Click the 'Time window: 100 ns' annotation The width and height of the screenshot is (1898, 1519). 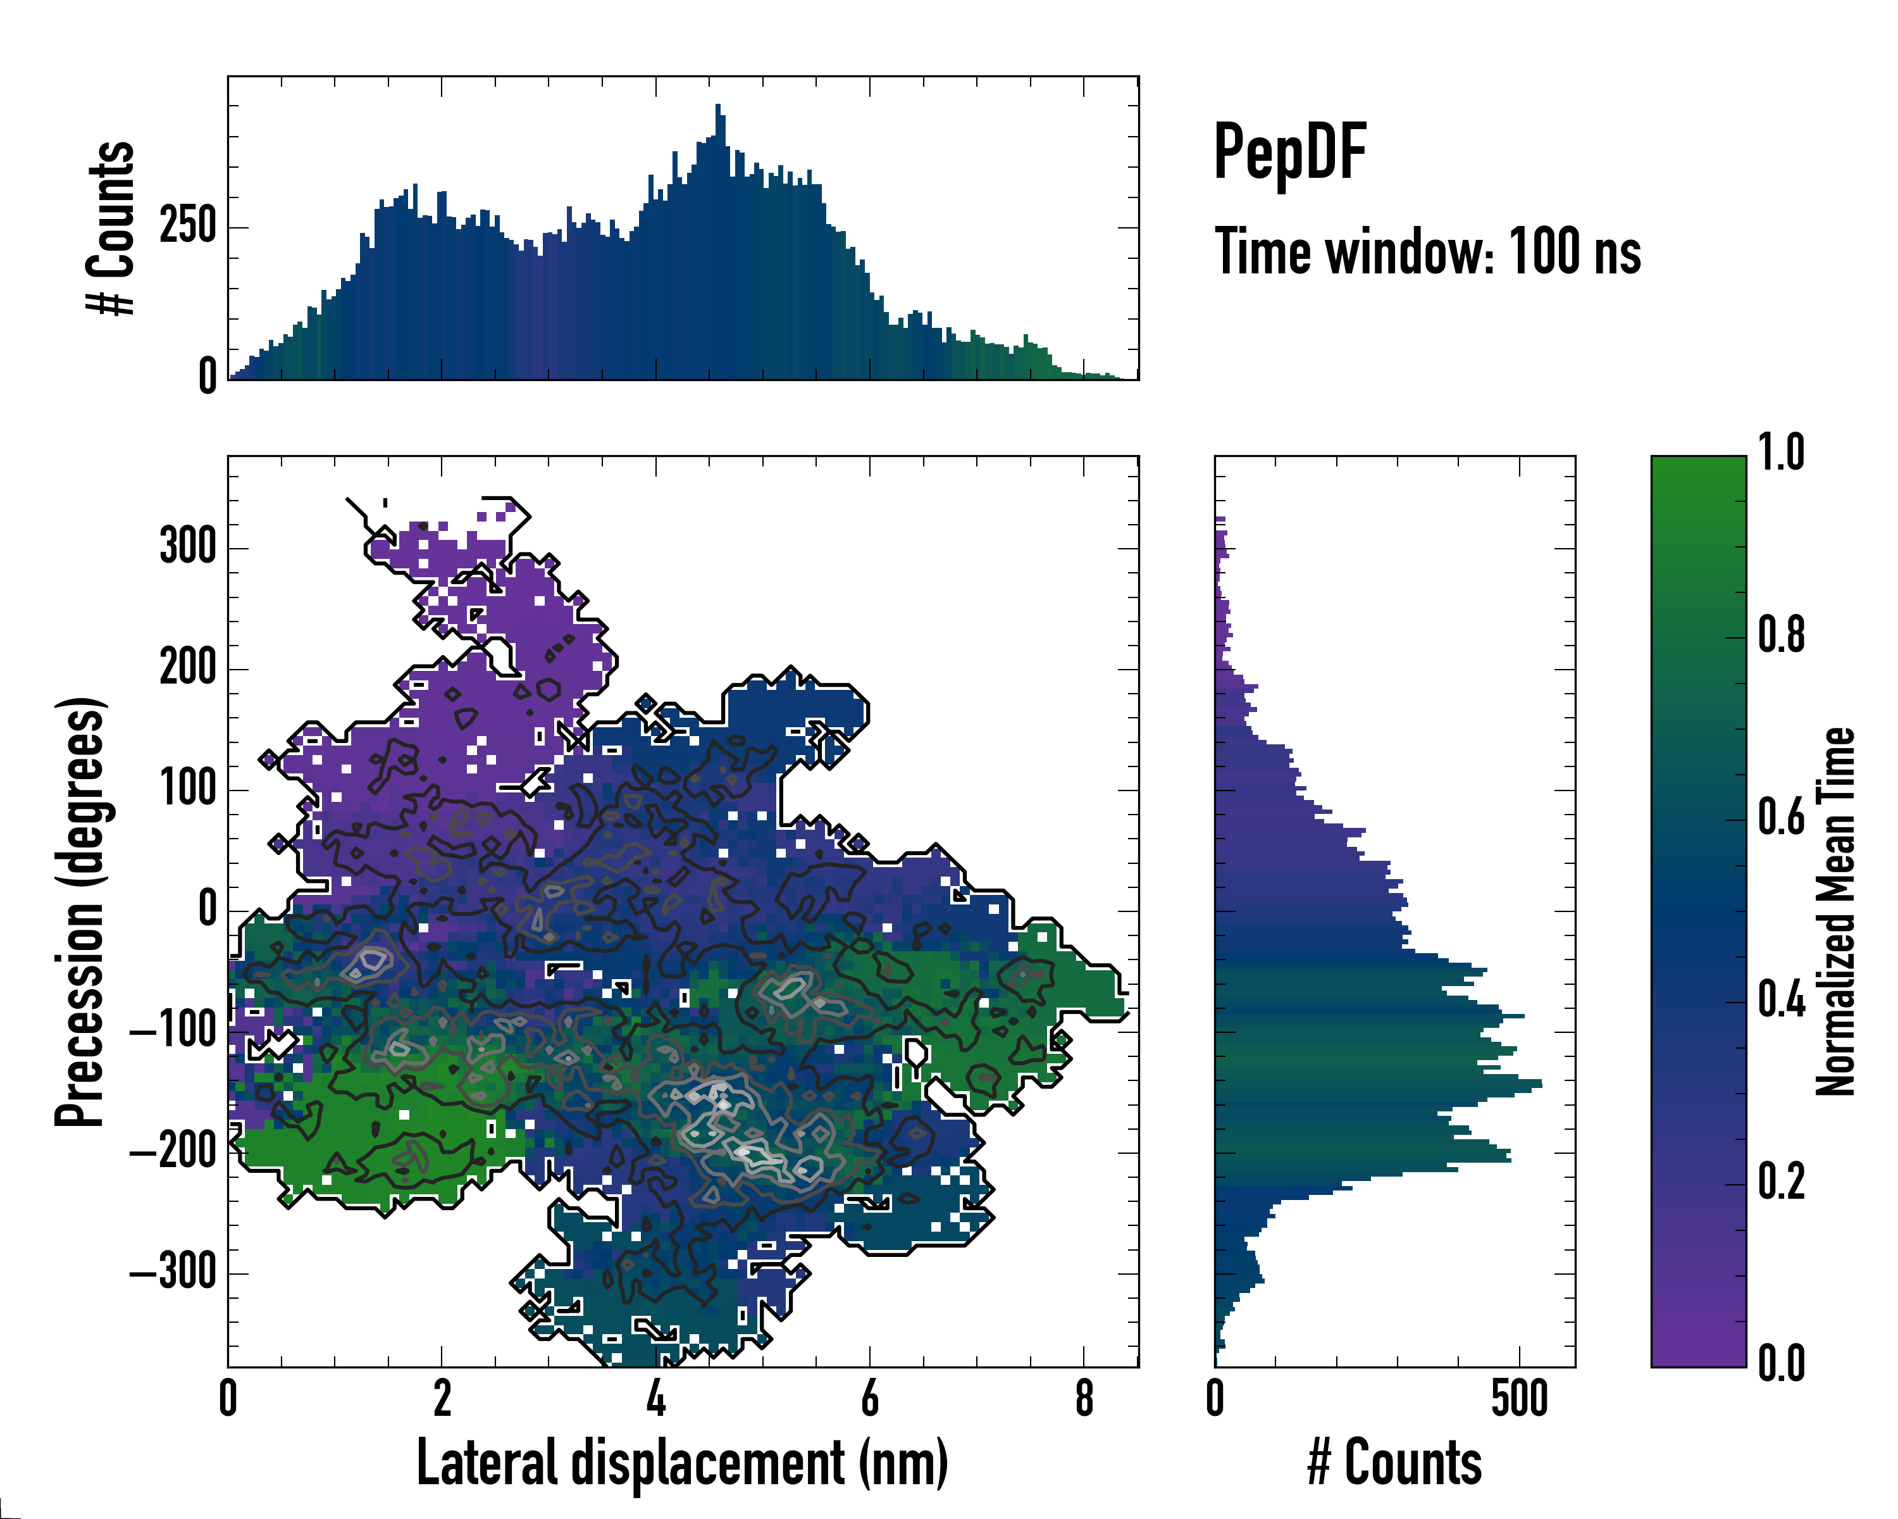1427,253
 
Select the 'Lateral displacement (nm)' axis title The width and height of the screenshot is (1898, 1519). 682,1462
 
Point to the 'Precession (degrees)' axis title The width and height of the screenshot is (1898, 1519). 81,911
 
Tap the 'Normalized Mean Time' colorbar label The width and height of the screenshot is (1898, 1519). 1835,911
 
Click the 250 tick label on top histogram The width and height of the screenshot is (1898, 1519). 187,227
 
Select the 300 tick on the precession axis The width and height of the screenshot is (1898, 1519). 187,547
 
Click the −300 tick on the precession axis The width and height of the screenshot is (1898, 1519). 173,1272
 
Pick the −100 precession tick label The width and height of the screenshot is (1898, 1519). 173,1031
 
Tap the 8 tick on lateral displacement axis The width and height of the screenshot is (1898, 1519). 1084,1398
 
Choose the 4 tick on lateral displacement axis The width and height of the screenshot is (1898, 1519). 656,1398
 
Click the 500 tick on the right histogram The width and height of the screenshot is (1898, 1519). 1520,1398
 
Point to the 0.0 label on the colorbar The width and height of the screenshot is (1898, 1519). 1781,1363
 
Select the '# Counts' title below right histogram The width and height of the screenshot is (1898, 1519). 1394,1462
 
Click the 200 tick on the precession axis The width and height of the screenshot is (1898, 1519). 187,668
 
